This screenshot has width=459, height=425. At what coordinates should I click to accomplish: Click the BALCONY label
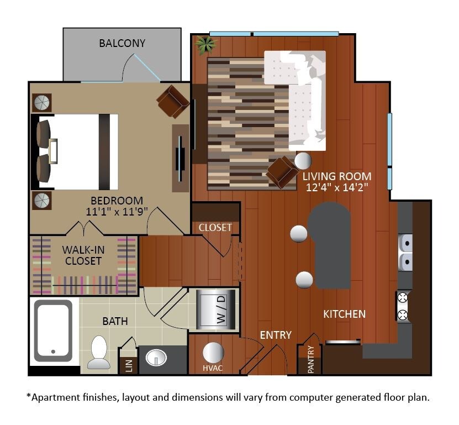pyautogui.click(x=122, y=43)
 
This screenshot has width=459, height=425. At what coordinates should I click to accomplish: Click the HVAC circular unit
pyautogui.click(x=213, y=353)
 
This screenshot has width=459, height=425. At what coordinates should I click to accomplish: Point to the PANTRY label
pyautogui.click(x=310, y=360)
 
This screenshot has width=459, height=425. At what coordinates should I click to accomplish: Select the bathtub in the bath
pyautogui.click(x=53, y=330)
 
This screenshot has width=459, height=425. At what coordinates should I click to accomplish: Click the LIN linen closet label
pyautogui.click(x=128, y=365)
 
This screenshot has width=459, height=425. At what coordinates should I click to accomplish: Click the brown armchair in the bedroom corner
pyautogui.click(x=173, y=101)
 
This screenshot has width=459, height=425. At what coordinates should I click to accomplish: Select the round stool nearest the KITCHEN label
pyautogui.click(x=304, y=280)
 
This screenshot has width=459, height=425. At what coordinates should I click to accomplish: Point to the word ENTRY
pyautogui.click(x=275, y=335)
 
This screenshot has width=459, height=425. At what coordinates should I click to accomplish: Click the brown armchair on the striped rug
pyautogui.click(x=282, y=172)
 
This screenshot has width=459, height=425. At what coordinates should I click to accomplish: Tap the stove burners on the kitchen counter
pyautogui.click(x=403, y=306)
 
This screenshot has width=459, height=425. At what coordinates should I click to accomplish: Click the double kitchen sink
pyautogui.click(x=405, y=251)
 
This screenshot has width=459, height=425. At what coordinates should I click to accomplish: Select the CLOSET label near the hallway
pyautogui.click(x=215, y=227)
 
